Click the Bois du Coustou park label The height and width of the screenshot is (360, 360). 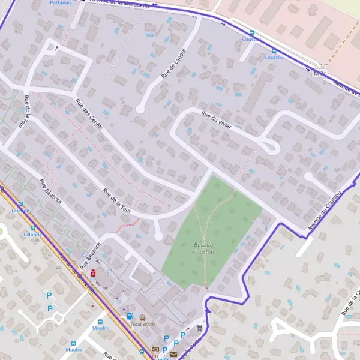point(205,247)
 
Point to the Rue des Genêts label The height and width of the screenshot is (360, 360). point(89,114)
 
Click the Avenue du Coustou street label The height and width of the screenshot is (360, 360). point(325,211)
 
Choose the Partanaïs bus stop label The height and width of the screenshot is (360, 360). point(61,3)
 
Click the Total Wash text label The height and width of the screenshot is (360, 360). point(143,324)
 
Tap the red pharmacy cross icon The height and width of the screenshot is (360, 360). point(93,273)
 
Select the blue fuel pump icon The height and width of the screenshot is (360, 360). point(129,316)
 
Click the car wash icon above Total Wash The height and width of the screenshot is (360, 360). point(143,317)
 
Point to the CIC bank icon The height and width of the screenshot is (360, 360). point(156,349)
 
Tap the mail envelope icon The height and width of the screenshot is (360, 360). point(173,354)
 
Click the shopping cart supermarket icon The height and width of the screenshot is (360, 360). point(198,328)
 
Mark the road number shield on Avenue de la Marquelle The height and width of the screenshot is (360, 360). point(320,73)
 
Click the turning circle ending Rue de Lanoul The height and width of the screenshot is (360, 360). point(140,109)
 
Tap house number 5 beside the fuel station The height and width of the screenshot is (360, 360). point(127,309)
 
